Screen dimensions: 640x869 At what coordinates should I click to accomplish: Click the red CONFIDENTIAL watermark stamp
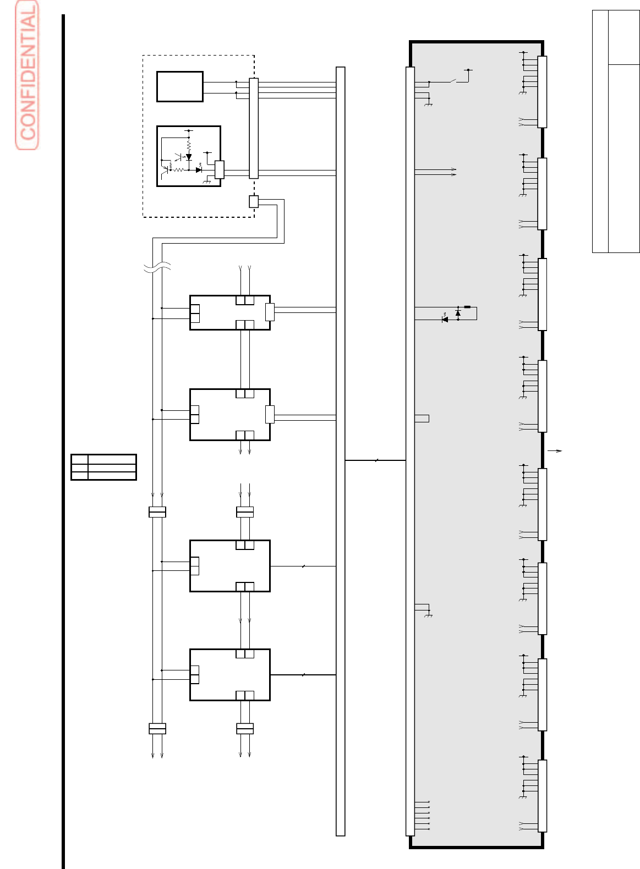click(x=27, y=75)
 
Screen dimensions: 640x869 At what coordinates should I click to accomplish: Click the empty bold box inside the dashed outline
click(x=180, y=86)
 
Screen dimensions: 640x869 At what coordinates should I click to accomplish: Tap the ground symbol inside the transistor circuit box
click(x=207, y=181)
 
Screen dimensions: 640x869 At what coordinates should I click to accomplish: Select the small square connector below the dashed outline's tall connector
click(x=254, y=202)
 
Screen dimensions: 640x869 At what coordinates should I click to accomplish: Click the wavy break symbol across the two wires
click(x=157, y=267)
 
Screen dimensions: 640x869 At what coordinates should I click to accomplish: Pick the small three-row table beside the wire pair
click(x=103, y=467)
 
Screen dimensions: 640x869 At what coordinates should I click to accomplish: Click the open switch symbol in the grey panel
click(x=453, y=81)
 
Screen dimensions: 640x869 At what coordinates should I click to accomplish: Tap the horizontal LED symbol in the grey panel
click(x=445, y=320)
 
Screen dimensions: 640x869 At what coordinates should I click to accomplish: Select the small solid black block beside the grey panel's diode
click(x=467, y=307)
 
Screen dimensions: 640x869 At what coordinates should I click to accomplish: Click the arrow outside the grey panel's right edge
click(x=555, y=451)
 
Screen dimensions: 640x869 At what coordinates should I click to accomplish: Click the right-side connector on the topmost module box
click(x=270, y=312)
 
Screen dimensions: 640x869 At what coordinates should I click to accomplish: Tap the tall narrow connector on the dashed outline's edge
click(x=254, y=128)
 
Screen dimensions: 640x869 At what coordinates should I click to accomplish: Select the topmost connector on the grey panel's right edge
click(x=542, y=92)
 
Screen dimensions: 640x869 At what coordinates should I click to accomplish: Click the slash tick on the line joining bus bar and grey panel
click(x=376, y=460)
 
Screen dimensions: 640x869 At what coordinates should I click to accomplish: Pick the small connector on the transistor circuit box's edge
click(x=219, y=169)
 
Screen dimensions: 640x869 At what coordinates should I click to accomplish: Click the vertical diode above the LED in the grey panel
click(x=458, y=313)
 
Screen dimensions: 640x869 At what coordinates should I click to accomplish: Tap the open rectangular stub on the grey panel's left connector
click(x=422, y=419)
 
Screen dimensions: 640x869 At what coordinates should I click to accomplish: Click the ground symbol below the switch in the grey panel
click(x=429, y=105)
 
